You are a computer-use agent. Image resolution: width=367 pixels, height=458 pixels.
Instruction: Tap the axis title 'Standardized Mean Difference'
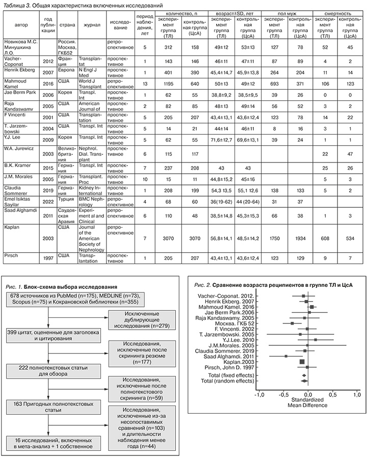(x=308, y=406)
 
